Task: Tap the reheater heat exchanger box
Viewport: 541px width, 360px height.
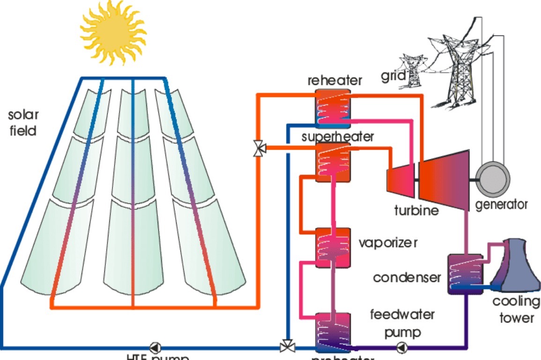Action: click(332, 108)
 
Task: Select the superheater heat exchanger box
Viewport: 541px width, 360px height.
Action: click(332, 162)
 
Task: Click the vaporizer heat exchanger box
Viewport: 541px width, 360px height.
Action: click(332, 247)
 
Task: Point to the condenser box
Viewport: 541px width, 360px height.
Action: click(465, 274)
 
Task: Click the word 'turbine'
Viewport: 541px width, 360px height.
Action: click(416, 210)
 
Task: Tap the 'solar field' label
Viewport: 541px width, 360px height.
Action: click(23, 123)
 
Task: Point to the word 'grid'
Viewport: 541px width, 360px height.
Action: click(392, 76)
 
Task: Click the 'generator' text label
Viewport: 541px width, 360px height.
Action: click(501, 204)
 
